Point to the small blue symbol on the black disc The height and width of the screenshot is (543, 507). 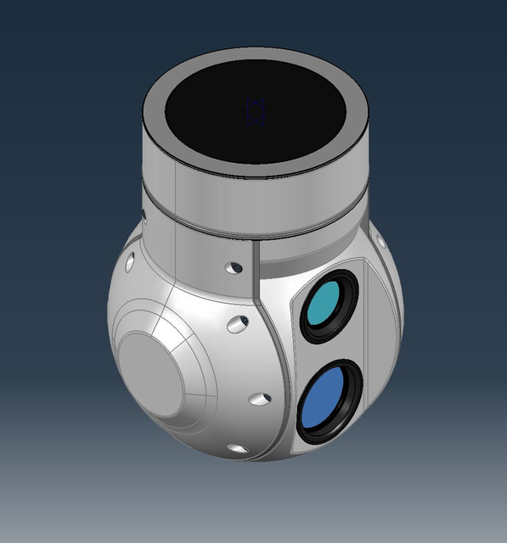tap(256, 111)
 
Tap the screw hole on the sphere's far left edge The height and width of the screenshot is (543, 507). tap(129, 263)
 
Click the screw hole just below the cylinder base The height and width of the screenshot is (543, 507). tap(234, 269)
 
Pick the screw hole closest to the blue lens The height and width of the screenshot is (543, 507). tap(260, 398)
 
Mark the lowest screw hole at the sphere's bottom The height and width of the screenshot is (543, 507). tap(237, 448)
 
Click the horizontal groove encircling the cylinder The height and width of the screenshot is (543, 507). tap(255, 222)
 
